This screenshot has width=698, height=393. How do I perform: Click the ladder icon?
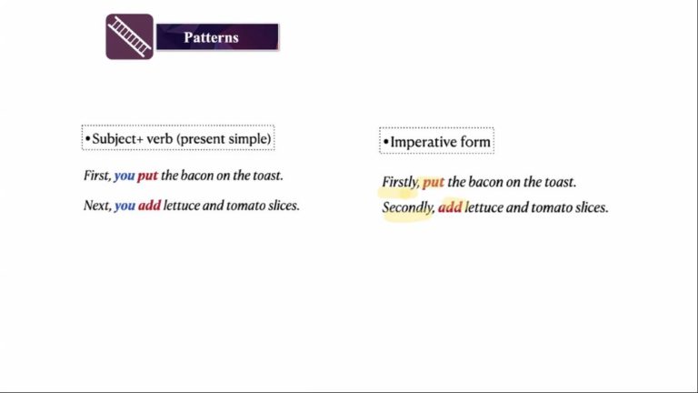point(130,36)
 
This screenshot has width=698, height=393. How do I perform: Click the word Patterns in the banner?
point(211,37)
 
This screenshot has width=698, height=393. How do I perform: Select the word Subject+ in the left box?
point(118,138)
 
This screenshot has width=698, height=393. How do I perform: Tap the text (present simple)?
point(224,139)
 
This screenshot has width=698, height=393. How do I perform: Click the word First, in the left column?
point(97,176)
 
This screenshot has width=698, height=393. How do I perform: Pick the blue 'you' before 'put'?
point(125,176)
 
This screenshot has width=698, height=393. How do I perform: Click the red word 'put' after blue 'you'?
point(148,176)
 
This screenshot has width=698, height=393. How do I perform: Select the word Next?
point(97,206)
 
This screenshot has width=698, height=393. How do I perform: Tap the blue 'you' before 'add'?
point(125,206)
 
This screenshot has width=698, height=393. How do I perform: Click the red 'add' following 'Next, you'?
point(150,206)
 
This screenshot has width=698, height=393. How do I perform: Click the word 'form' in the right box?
point(475,142)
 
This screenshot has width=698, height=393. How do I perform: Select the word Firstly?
point(401,182)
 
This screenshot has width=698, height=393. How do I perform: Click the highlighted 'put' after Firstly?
point(434,182)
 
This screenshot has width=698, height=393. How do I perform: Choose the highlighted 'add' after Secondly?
point(450,207)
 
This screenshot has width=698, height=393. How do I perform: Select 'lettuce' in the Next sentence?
point(182,206)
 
